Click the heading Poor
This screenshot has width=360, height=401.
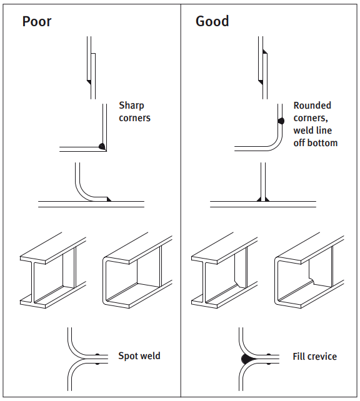[37, 21]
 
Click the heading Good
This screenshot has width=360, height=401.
[212, 21]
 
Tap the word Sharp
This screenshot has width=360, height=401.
[131, 106]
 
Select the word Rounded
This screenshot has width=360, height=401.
[312, 106]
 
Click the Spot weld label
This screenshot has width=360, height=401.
[139, 356]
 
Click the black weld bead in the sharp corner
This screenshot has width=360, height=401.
[102, 146]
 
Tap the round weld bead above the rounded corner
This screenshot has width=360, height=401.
[281, 121]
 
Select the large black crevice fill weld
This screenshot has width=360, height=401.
[247, 359]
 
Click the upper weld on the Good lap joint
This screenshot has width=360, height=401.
[265, 51]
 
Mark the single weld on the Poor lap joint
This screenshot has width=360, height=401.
[89, 82]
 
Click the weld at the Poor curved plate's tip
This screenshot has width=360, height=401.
[109, 199]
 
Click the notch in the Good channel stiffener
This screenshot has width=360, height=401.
[312, 280]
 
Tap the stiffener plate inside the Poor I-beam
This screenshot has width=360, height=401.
[68, 267]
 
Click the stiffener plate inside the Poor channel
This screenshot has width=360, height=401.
[149, 266]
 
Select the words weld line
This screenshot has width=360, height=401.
[312, 131]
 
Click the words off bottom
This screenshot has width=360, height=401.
[316, 143]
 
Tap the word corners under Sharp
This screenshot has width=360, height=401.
[134, 118]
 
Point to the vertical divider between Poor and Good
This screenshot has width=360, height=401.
[181, 200]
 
